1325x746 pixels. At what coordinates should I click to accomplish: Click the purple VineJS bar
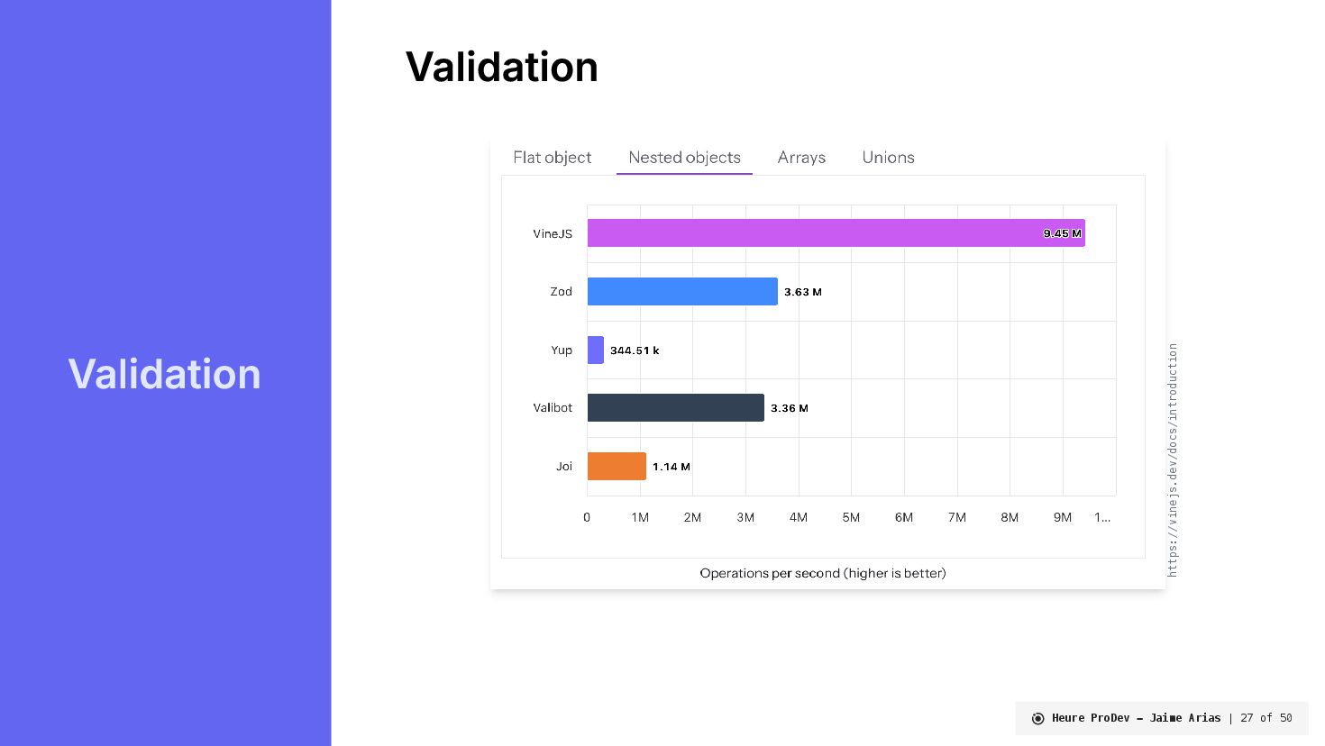[836, 232]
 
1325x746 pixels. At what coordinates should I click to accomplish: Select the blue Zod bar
[682, 291]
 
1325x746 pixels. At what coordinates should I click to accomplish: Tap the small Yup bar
[595, 350]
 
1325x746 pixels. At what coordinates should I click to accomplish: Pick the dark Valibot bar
[675, 407]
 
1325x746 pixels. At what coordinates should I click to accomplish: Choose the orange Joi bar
[617, 466]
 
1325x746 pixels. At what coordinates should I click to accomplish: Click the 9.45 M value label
[1062, 233]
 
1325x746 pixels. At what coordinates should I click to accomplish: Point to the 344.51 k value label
[635, 350]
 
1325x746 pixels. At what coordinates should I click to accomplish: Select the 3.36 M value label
[789, 408]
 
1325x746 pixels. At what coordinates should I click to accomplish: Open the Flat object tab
[552, 158]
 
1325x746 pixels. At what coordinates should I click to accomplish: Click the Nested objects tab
[684, 158]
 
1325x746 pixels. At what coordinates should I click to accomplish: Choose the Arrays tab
[801, 158]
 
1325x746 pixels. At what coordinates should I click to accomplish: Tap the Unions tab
[888, 158]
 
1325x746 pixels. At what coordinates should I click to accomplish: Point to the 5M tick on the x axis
[851, 517]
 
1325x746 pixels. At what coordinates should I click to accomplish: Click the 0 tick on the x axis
[587, 517]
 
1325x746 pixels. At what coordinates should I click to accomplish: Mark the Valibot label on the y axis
[553, 408]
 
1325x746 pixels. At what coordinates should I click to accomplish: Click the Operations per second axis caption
[823, 573]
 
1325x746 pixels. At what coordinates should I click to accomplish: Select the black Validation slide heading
[501, 67]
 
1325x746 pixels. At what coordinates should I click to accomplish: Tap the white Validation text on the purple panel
[164, 374]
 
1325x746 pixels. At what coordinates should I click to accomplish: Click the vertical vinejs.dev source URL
[1173, 459]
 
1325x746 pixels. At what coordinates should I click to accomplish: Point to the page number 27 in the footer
[1247, 718]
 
